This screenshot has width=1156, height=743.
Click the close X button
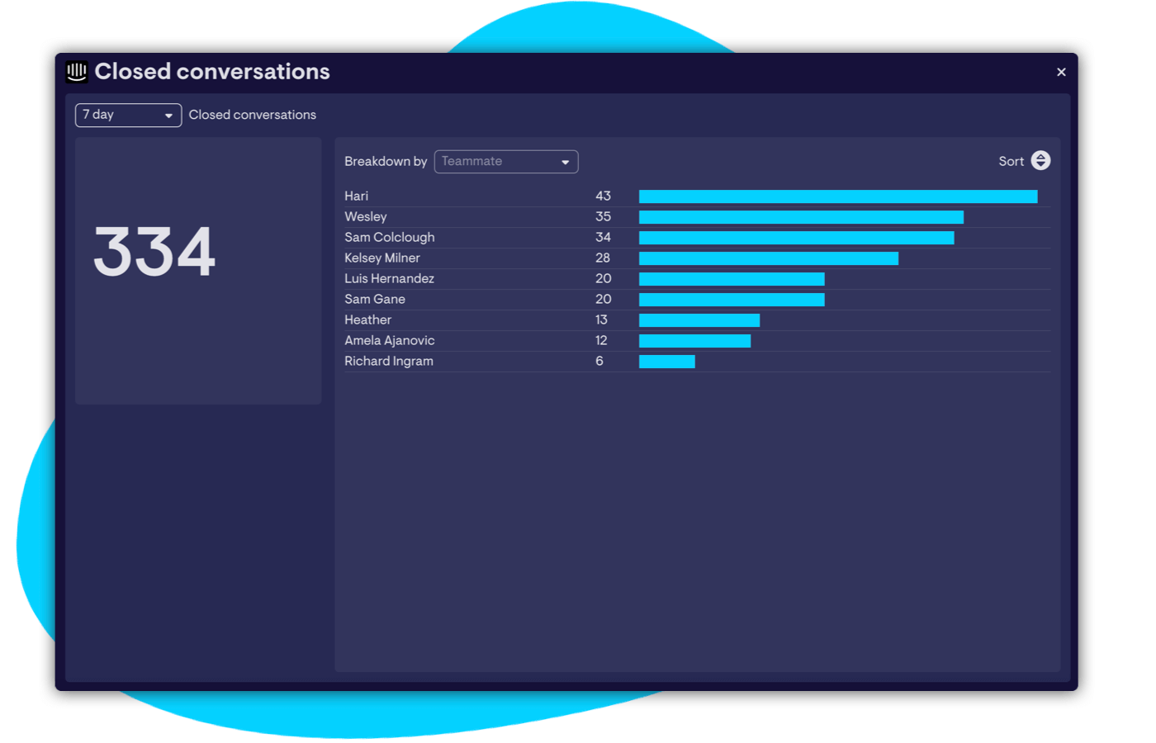click(x=1061, y=73)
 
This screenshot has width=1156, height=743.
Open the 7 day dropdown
click(x=128, y=116)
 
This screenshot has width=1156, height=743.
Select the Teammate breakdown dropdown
click(x=505, y=162)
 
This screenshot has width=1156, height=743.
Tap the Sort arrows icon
click(x=1040, y=161)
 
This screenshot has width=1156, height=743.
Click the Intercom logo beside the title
click(x=77, y=72)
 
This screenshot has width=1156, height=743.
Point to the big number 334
click(x=154, y=252)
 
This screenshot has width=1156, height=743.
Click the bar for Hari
click(x=837, y=196)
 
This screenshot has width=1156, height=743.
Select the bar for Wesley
click(x=801, y=217)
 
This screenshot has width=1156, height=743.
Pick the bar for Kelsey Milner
click(x=768, y=258)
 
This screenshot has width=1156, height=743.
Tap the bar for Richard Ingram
click(x=666, y=362)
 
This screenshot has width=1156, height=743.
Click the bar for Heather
click(x=699, y=320)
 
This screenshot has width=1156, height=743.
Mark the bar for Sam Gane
click(x=731, y=300)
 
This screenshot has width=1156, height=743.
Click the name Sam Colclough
click(x=389, y=238)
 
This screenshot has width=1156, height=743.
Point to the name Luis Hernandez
click(x=389, y=279)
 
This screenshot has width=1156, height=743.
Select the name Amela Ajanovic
click(x=389, y=341)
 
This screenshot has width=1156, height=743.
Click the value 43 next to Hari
click(x=603, y=196)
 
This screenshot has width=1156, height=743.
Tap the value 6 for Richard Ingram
click(x=599, y=362)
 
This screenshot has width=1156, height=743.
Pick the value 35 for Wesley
click(x=603, y=217)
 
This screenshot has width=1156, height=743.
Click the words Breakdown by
click(x=386, y=162)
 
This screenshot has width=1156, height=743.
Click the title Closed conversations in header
click(x=212, y=72)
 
